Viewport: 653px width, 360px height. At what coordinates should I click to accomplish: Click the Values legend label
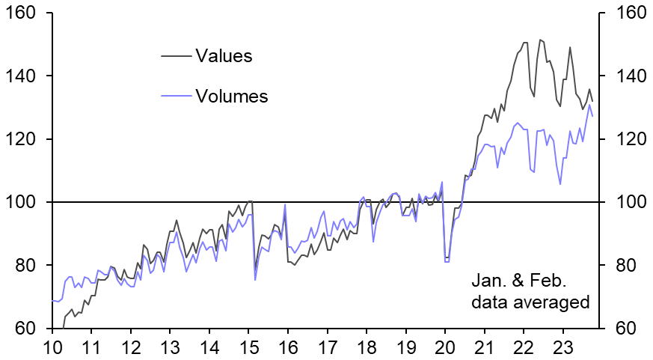point(223,55)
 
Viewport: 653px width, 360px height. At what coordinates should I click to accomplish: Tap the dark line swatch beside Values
point(177,55)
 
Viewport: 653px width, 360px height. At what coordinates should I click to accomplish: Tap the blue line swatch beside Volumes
point(177,95)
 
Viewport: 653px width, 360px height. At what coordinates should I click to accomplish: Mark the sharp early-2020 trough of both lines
point(447,260)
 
